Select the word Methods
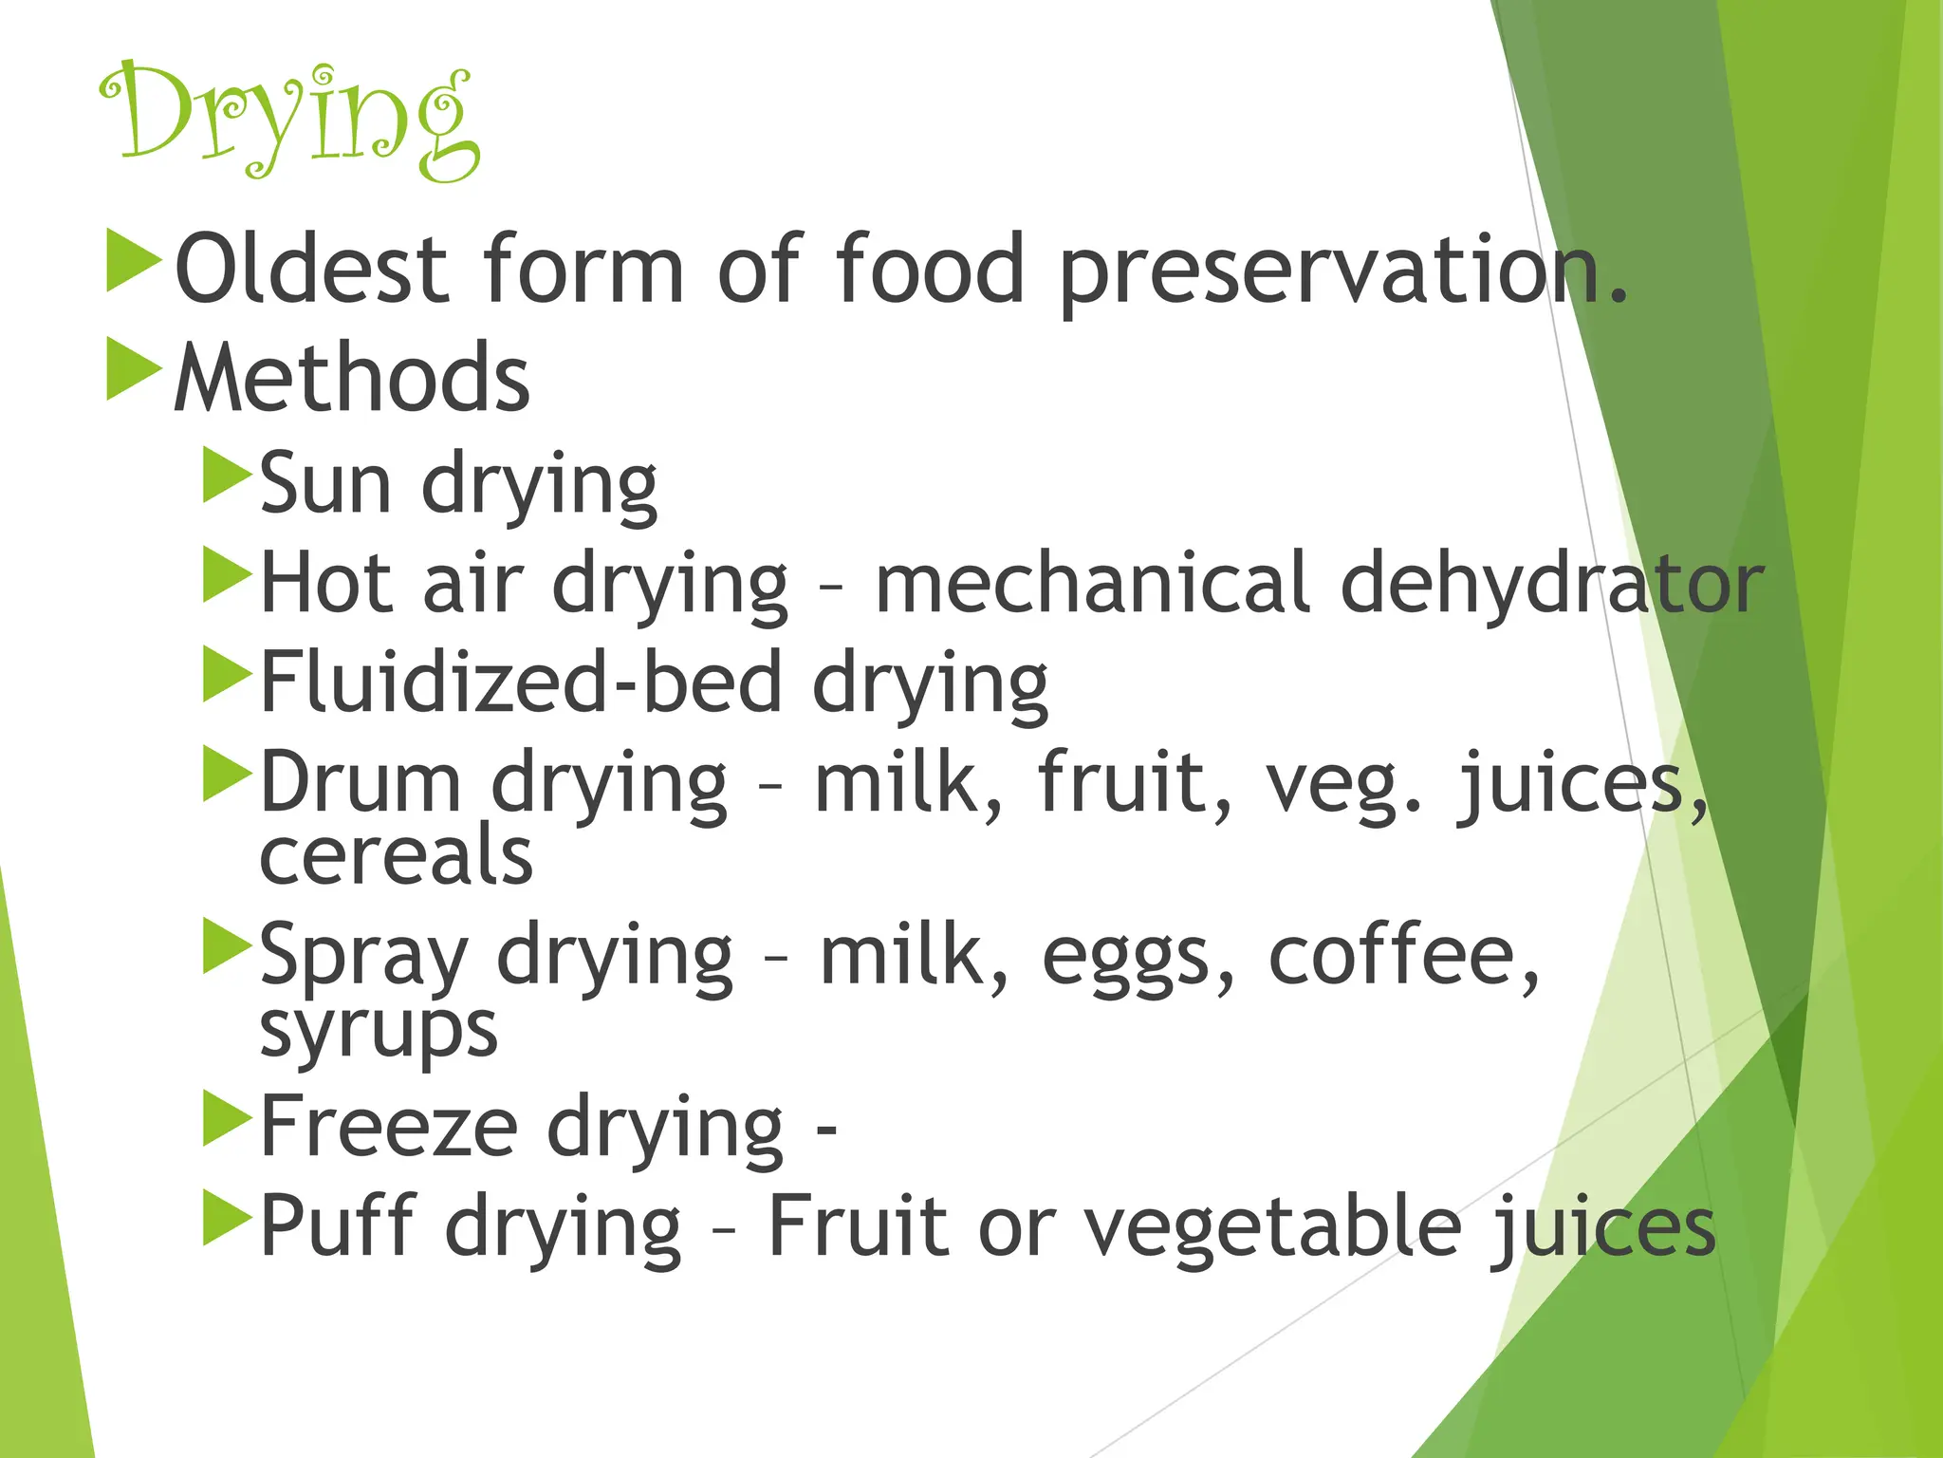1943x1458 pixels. [x=352, y=378]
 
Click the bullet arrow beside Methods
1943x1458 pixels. [x=133, y=369]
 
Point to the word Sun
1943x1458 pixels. [x=324, y=485]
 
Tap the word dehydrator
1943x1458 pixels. [x=1550, y=585]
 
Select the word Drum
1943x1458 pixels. [x=361, y=782]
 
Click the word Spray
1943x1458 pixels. [x=364, y=957]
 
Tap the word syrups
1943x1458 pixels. [x=378, y=1031]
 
